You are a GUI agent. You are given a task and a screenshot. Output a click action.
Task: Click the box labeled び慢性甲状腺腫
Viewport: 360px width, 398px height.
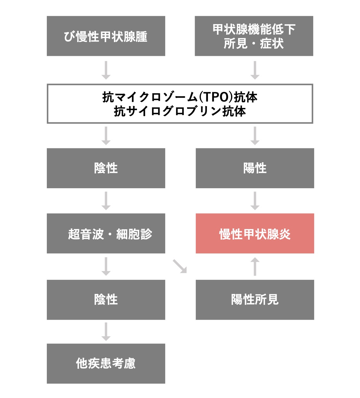(x=106, y=36)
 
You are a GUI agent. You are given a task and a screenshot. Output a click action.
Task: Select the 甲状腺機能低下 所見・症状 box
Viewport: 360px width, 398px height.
(x=254, y=36)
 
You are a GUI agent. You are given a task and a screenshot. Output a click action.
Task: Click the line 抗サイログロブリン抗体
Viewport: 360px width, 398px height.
(x=180, y=111)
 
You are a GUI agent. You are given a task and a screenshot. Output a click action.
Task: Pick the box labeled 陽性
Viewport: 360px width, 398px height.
(x=255, y=168)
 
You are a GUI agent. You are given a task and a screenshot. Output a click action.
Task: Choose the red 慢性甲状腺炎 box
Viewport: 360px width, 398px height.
(x=255, y=233)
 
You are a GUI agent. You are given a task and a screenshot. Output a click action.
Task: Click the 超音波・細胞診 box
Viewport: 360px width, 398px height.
(x=106, y=233)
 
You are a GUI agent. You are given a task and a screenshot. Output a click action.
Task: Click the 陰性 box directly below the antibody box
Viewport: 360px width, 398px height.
(x=106, y=168)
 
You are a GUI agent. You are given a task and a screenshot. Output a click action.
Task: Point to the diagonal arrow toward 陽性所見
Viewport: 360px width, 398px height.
(x=180, y=266)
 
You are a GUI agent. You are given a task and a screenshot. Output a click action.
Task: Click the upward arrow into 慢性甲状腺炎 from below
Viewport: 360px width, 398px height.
(x=255, y=267)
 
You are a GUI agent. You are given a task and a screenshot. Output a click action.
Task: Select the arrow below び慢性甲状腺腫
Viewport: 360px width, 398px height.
(x=106, y=70)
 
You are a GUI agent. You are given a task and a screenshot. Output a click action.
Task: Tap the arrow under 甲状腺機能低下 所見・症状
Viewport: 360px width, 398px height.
(x=255, y=70)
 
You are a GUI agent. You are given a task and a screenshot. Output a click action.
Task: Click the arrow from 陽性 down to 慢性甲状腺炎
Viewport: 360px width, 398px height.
(x=255, y=201)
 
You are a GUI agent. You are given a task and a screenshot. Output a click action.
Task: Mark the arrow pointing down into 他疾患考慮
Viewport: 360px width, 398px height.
(x=106, y=332)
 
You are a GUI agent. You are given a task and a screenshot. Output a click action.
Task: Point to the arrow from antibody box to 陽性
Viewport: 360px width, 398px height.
(x=255, y=136)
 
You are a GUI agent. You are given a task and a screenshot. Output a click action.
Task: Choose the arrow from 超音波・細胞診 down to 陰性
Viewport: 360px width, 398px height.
(x=106, y=267)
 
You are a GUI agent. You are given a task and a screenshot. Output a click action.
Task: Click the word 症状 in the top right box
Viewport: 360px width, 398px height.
(x=272, y=43)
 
